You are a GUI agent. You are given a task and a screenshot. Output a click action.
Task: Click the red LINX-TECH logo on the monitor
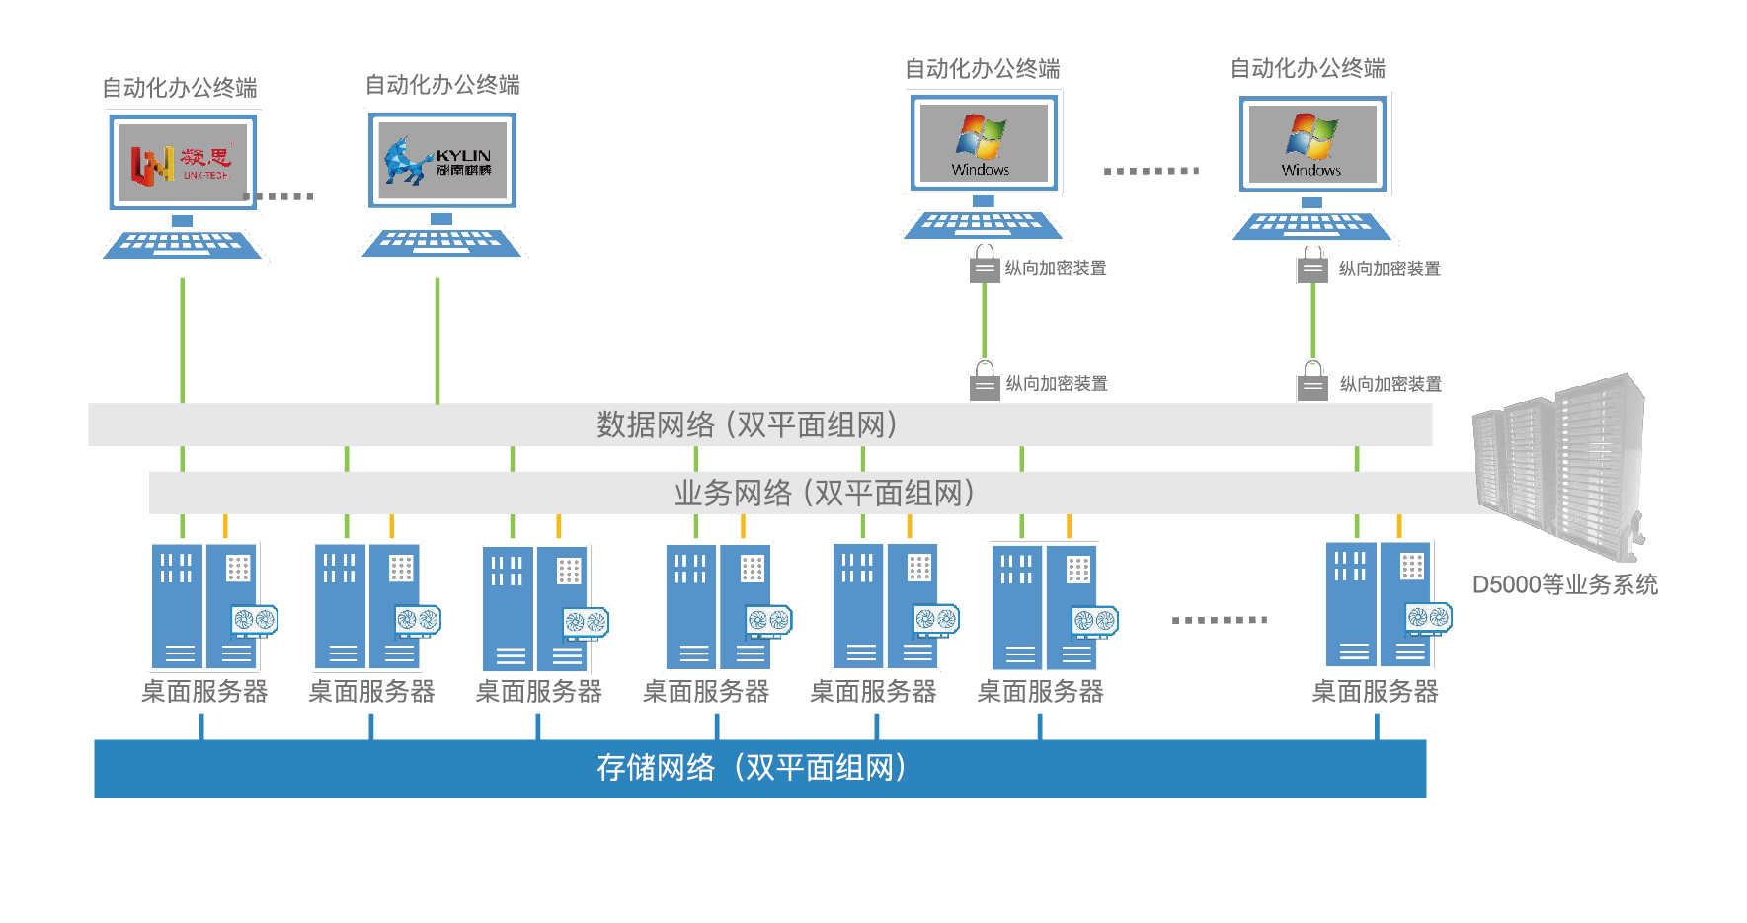tap(180, 163)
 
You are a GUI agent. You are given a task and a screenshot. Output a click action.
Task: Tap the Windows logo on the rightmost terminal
tap(1310, 137)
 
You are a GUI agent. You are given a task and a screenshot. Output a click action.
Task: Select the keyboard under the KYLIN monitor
tap(441, 242)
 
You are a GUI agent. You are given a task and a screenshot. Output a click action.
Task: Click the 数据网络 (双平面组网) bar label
tap(747, 424)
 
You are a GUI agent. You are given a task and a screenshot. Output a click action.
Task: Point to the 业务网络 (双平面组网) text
tap(824, 493)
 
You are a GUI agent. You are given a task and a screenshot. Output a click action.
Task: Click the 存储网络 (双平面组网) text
tap(752, 768)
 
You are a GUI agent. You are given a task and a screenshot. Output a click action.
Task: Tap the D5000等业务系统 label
tap(1564, 584)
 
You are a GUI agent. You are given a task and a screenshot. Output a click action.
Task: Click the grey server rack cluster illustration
tap(1560, 464)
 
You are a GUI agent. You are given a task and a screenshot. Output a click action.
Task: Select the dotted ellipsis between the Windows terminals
tap(1151, 171)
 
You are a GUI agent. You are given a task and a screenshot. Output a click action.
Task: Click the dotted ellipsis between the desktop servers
tap(1219, 620)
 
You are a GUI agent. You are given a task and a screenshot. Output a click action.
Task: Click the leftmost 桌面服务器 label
tap(204, 691)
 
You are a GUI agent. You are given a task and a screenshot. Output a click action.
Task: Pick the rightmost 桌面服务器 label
tap(1374, 691)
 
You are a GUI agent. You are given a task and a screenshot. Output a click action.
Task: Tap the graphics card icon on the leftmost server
tap(254, 620)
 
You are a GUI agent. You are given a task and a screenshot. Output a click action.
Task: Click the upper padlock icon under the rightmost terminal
tap(1311, 267)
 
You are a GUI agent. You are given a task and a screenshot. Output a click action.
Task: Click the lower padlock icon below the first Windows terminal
tap(985, 382)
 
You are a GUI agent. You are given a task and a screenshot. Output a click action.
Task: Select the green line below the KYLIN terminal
tap(437, 341)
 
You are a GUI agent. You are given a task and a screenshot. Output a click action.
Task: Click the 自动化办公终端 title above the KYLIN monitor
tap(442, 85)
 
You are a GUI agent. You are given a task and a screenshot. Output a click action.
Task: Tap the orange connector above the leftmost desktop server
tap(225, 526)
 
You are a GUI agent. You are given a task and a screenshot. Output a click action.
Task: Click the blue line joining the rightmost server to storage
tap(1377, 727)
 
